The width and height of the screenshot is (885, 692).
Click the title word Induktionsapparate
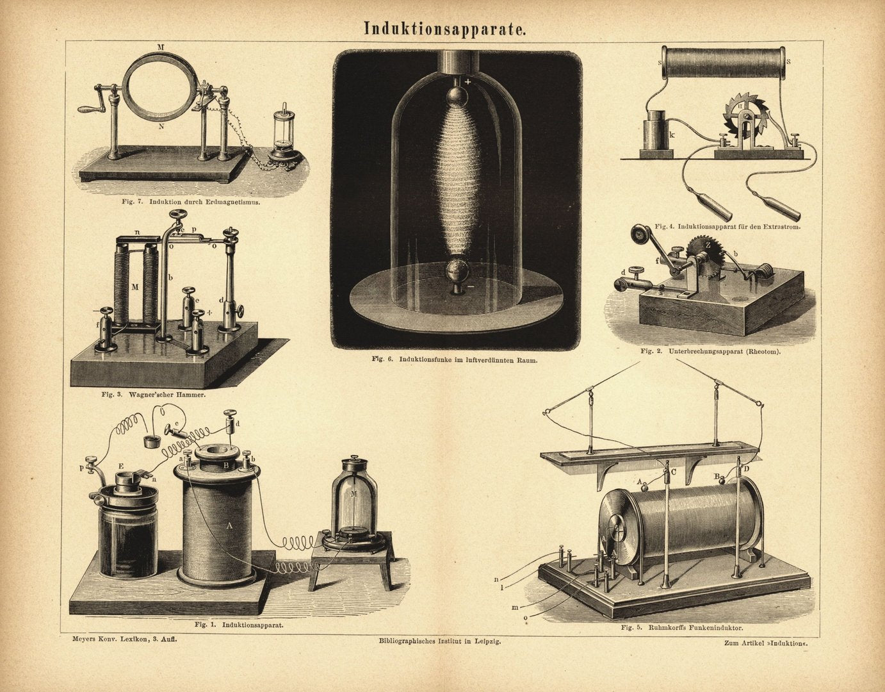click(444, 29)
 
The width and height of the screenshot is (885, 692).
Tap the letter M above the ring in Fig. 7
click(161, 47)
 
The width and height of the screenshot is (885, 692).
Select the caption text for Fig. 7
click(191, 201)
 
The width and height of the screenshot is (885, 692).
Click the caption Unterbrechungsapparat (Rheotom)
click(710, 352)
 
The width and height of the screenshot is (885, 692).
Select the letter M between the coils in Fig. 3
click(134, 287)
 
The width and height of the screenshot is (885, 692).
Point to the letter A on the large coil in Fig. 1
click(229, 526)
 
